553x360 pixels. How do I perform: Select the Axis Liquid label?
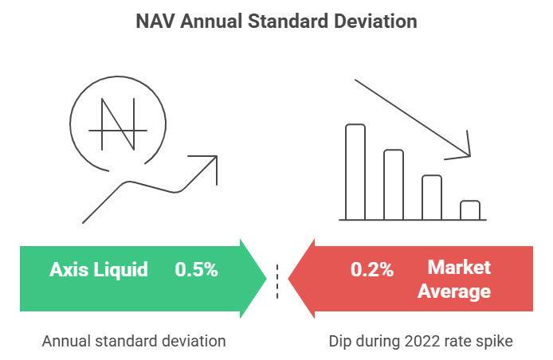point(99,269)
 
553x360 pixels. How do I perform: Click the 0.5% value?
point(196,269)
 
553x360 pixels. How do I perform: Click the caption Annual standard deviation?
point(134,341)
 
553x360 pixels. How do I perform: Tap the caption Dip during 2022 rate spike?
point(420,341)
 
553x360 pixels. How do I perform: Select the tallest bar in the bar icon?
point(355,172)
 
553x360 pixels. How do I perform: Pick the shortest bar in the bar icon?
point(470,210)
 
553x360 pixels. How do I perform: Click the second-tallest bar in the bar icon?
point(394,185)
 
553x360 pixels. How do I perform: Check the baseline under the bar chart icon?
point(412,220)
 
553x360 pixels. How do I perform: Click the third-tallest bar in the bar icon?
point(431,198)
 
